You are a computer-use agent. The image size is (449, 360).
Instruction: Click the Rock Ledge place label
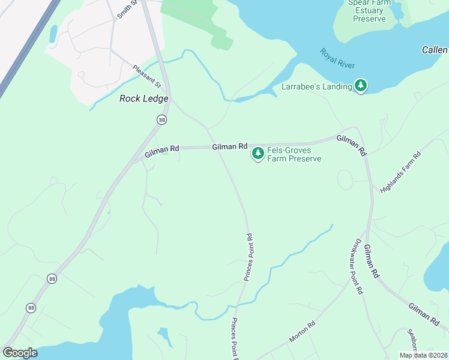(x=143, y=98)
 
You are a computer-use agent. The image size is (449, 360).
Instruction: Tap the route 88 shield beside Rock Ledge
(x=161, y=120)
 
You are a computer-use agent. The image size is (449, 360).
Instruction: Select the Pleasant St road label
(x=147, y=76)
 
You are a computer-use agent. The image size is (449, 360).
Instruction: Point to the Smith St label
(x=127, y=8)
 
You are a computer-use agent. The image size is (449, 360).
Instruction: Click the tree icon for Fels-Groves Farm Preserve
(x=258, y=154)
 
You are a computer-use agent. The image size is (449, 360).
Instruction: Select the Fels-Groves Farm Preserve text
(x=294, y=155)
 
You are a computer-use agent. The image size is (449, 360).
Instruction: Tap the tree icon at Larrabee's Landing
(x=361, y=86)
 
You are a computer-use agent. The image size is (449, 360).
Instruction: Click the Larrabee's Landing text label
(x=316, y=86)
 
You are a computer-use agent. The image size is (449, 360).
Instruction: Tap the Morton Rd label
(x=302, y=332)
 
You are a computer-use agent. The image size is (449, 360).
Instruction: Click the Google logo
(x=20, y=353)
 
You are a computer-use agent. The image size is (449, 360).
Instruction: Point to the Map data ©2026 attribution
(x=423, y=355)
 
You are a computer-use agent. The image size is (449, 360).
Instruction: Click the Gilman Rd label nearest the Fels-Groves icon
(x=229, y=146)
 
